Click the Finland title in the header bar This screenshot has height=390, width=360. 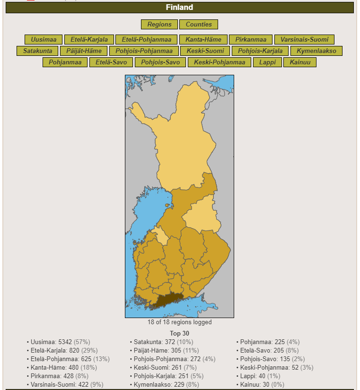pos(179,8)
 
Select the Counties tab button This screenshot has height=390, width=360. pos(199,25)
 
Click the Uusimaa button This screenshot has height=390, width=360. pos(44,40)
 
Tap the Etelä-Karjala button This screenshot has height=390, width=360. pos(89,40)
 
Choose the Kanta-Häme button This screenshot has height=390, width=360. pos(203,40)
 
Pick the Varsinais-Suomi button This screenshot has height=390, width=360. pos(304,40)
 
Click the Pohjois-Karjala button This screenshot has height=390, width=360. pos(260,51)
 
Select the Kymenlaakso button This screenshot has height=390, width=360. pos(316,51)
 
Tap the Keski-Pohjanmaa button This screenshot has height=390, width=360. pos(219,62)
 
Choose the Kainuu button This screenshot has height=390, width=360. pos(300,62)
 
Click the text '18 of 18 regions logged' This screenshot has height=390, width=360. pos(179,323)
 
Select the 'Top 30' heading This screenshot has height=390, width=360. pos(179,334)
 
